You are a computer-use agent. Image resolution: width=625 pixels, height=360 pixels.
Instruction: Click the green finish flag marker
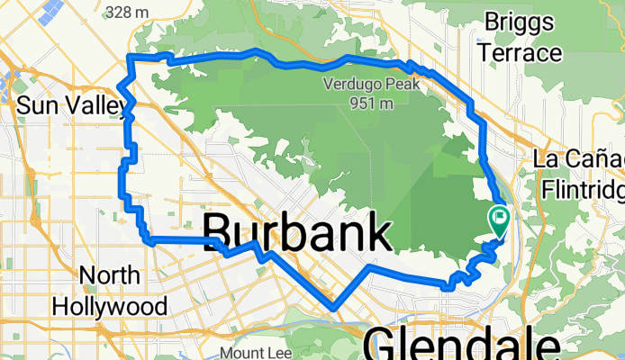(498, 217)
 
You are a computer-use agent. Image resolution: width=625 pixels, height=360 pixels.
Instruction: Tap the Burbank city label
(297, 235)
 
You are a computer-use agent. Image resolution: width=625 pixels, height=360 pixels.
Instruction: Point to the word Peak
(392, 86)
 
